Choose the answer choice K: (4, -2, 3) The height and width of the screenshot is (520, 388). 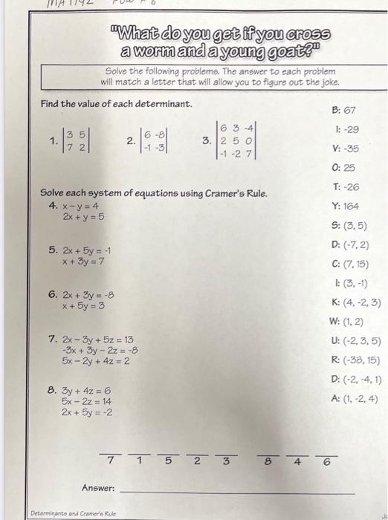coord(355,302)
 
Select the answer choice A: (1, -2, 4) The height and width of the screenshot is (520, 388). coord(355,397)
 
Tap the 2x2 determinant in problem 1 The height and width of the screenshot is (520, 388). coord(76,140)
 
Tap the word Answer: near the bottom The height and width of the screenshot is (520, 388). coord(98,488)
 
